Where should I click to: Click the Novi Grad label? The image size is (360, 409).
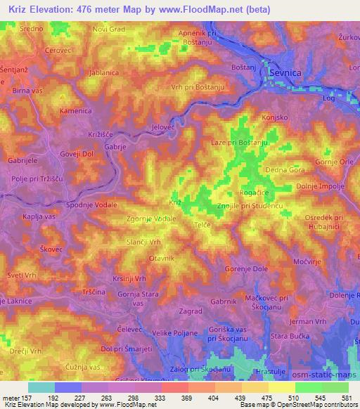[108, 30]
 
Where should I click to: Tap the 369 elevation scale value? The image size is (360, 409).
[186, 397]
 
